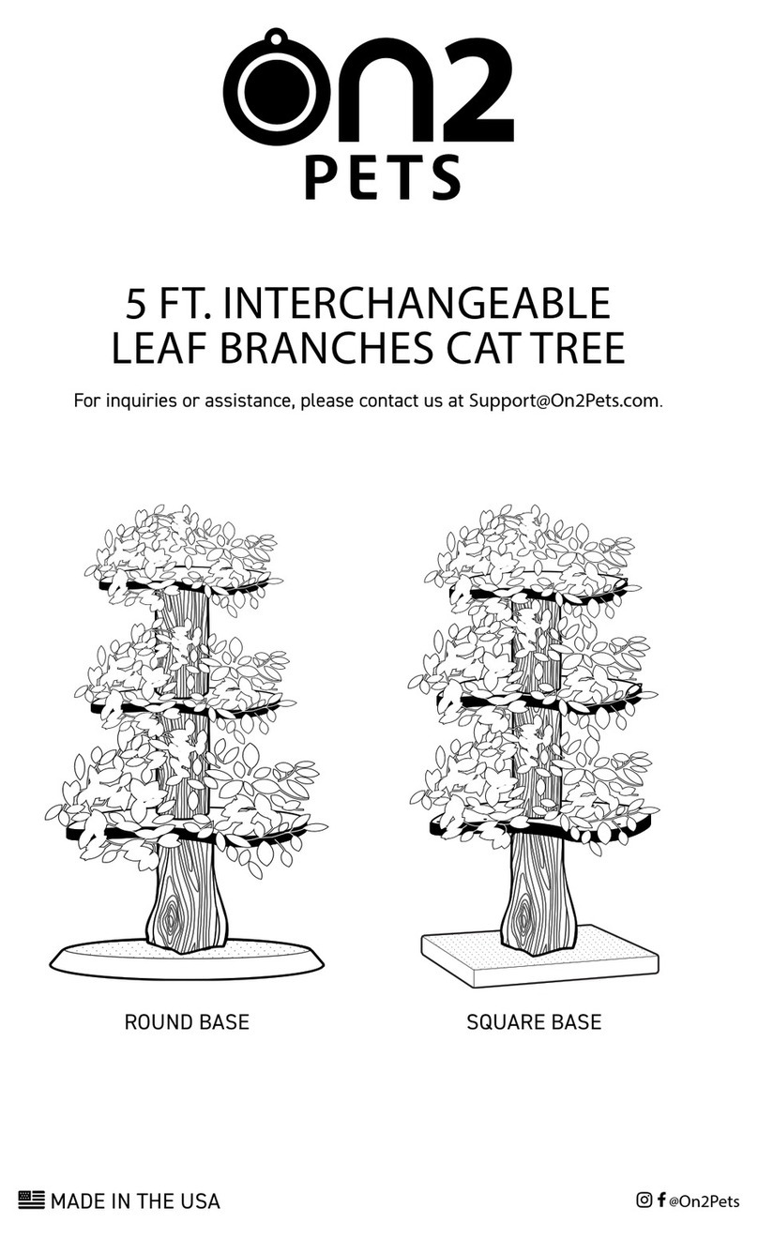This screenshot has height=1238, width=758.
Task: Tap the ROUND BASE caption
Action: pyautogui.click(x=187, y=1021)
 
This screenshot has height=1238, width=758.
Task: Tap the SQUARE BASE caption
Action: pyautogui.click(x=534, y=1021)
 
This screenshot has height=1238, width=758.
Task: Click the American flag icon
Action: pyautogui.click(x=31, y=1199)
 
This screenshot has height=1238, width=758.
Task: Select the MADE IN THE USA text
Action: pyautogui.click(x=135, y=1200)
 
